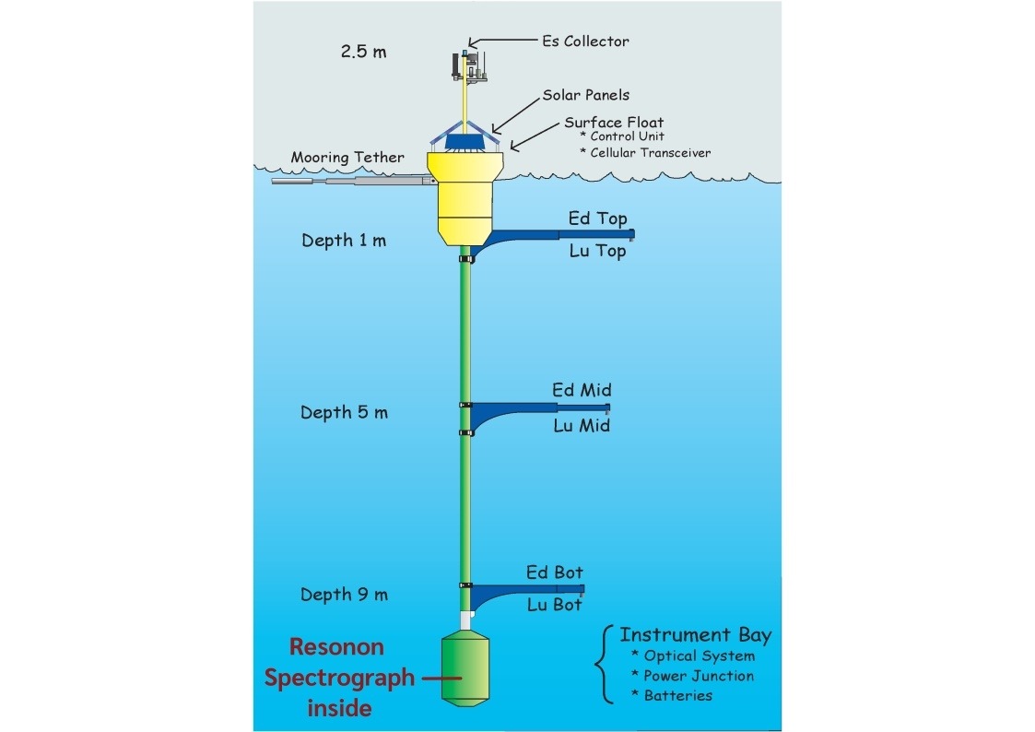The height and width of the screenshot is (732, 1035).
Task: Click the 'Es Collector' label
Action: [585, 41]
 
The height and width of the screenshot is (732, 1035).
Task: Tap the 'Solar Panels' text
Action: [585, 95]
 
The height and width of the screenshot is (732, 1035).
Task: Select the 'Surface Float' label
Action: [614, 123]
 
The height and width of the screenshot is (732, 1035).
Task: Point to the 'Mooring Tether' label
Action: [347, 157]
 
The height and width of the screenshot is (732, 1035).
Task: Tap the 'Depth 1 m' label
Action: [344, 241]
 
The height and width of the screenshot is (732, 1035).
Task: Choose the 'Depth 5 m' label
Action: [344, 412]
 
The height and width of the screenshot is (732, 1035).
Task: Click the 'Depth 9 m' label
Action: [344, 595]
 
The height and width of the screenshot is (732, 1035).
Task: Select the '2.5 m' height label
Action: [364, 51]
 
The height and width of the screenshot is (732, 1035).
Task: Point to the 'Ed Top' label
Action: [597, 218]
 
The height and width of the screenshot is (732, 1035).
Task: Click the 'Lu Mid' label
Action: [582, 426]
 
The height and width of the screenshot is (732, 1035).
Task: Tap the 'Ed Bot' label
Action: [555, 573]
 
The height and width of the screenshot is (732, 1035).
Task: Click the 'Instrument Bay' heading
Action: [695, 635]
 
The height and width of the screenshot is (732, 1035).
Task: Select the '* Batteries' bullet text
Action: [672, 695]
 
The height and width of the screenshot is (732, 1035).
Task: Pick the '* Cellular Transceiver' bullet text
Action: [645, 153]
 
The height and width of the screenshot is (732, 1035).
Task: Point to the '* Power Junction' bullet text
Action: [692, 676]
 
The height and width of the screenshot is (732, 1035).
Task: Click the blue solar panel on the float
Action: [465, 142]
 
